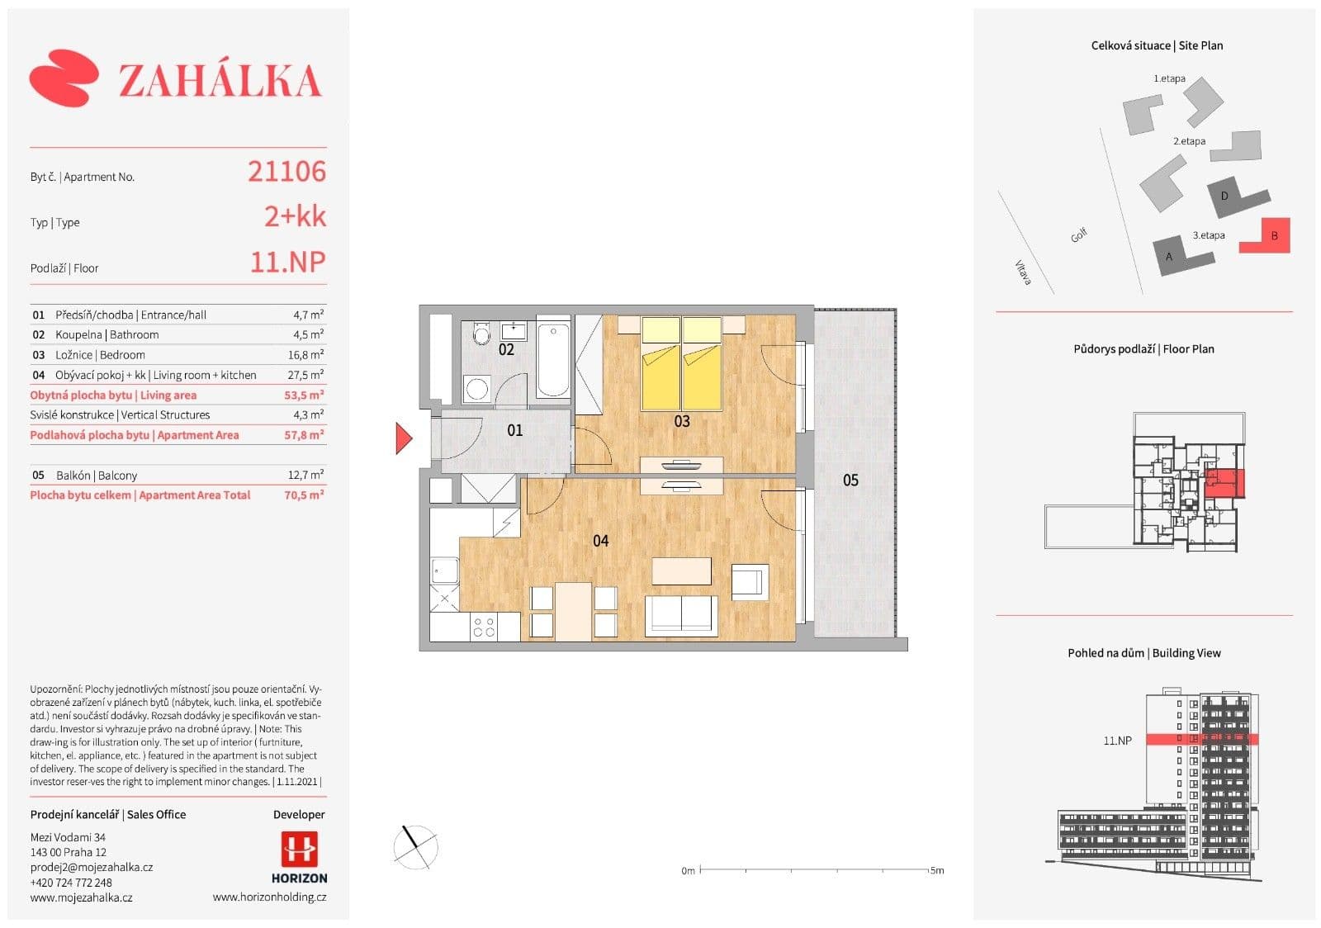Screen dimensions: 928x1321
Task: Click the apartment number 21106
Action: [286, 172]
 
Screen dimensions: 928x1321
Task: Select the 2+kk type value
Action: [295, 217]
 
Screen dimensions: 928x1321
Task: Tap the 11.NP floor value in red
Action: [287, 263]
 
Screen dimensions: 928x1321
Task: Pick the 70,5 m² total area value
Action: [304, 495]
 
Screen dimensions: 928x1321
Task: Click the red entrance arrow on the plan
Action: [403, 438]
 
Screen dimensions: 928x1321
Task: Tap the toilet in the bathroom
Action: [481, 334]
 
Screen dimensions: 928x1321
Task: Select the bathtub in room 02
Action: [552, 359]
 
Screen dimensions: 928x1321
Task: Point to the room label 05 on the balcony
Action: [850, 481]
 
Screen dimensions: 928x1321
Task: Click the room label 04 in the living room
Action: [600, 541]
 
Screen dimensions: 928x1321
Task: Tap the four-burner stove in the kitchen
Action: [484, 627]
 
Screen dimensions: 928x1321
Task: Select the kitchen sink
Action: [445, 571]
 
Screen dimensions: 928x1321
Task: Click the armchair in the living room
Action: [750, 581]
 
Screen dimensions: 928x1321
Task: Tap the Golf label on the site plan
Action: [1078, 235]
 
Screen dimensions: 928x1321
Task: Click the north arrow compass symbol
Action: [414, 846]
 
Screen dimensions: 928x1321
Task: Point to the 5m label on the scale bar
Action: [936, 870]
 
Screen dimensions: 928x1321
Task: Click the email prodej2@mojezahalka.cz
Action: [92, 867]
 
